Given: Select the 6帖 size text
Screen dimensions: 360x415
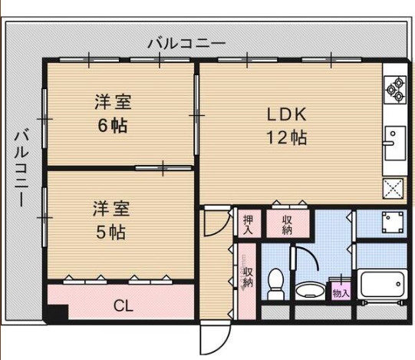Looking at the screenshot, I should (112, 126).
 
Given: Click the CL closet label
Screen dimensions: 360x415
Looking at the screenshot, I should (123, 306).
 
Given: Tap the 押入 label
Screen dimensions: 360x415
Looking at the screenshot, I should (249, 224).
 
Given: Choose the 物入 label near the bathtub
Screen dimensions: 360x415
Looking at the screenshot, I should (341, 291).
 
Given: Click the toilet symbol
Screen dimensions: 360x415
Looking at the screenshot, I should (275, 286).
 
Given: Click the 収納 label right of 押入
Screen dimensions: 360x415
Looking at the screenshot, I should (287, 224).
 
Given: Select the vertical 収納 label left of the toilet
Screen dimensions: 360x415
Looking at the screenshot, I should (248, 279).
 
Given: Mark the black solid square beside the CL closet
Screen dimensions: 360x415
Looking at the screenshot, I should (56, 315).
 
